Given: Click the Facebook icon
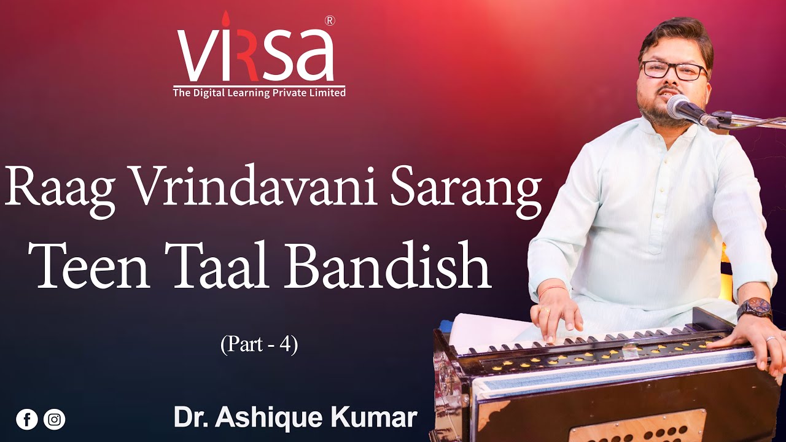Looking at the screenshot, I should click(27, 419).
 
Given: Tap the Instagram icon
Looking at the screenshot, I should click(55, 419).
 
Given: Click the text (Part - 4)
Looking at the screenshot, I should click(259, 344).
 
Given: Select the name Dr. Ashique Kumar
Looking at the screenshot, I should click(295, 418).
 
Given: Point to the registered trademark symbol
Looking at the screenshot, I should click(329, 20).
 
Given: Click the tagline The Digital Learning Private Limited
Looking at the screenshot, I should click(259, 93).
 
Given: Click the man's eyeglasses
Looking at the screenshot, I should click(673, 69).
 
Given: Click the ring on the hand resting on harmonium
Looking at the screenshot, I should click(771, 338).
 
